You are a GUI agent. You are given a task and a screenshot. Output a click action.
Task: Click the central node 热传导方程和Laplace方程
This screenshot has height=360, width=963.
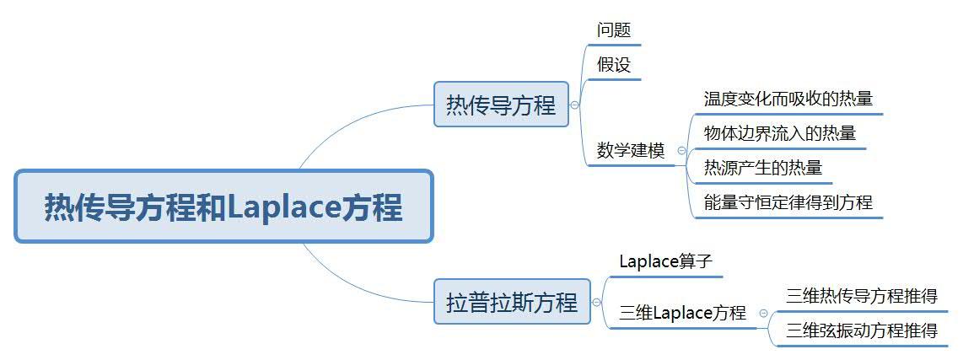[223, 207]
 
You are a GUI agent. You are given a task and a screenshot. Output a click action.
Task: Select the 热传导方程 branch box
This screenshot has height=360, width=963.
[501, 105]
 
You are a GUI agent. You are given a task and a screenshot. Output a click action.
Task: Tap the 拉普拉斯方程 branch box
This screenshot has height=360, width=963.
[512, 302]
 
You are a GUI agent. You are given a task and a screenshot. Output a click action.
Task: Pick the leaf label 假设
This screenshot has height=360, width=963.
[614, 65]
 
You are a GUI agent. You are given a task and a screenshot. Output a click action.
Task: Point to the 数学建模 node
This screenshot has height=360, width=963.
[631, 151]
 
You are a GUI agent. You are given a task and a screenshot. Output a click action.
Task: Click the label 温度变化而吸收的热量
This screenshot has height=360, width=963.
[788, 99]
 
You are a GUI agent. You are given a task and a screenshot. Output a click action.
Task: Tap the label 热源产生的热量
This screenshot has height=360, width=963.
[762, 168]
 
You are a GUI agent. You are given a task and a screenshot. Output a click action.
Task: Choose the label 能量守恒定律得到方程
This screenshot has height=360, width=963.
[788, 202]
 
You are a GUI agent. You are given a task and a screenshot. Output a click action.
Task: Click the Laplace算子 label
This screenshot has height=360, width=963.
[665, 261]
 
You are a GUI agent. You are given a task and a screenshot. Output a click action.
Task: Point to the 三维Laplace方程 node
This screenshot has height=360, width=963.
[682, 313]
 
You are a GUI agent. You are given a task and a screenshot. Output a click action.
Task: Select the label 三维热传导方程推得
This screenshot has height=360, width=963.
[861, 296]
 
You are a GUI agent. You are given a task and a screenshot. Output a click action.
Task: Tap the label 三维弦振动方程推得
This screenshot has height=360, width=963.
[861, 330]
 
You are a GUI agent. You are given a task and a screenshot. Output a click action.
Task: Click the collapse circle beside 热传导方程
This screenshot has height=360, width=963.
[575, 105]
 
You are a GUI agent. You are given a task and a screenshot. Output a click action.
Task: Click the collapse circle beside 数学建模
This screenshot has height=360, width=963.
[681, 151]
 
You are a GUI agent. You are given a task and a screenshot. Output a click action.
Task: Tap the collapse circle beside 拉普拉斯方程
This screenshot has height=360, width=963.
[597, 303]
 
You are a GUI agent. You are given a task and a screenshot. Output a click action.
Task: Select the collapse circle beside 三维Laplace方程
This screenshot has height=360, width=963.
[763, 313]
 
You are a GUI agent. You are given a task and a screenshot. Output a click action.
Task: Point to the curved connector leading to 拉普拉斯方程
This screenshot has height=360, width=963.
[346, 285]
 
